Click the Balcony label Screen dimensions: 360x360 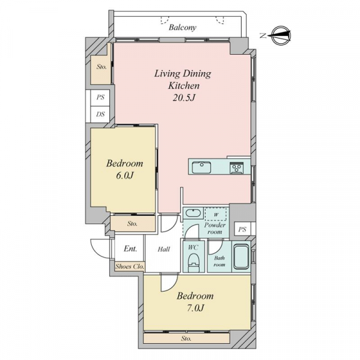click(x=182, y=28)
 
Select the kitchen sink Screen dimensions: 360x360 click(x=202, y=167)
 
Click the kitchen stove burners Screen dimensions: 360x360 click(x=236, y=167)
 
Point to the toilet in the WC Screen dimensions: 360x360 click(x=194, y=262)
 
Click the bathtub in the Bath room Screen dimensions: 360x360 click(x=241, y=256)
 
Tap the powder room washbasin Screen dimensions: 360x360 click(x=194, y=213)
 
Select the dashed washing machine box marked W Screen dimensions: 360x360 click(x=215, y=215)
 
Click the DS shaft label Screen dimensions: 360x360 click(x=100, y=114)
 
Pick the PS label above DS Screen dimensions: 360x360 click(x=100, y=97)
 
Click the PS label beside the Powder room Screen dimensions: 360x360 click(x=242, y=229)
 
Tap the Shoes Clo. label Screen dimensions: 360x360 click(x=130, y=266)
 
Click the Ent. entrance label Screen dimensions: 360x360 click(x=131, y=248)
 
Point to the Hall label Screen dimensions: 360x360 click(x=164, y=249)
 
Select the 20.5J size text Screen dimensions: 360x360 click(x=184, y=98)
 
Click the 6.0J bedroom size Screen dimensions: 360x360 click(x=125, y=176)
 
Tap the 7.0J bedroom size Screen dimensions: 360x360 click(x=195, y=308)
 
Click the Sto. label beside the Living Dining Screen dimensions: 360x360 click(x=101, y=67)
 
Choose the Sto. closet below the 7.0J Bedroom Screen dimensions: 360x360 click(x=187, y=338)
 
